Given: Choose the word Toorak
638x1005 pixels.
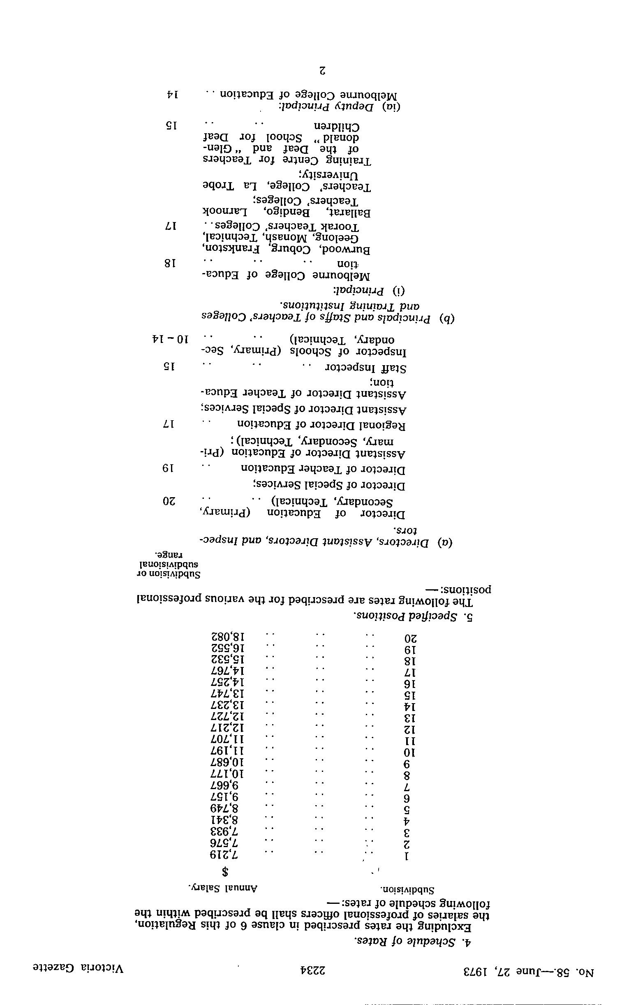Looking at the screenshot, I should (341, 227).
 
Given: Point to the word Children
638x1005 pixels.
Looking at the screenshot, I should (337, 126).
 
